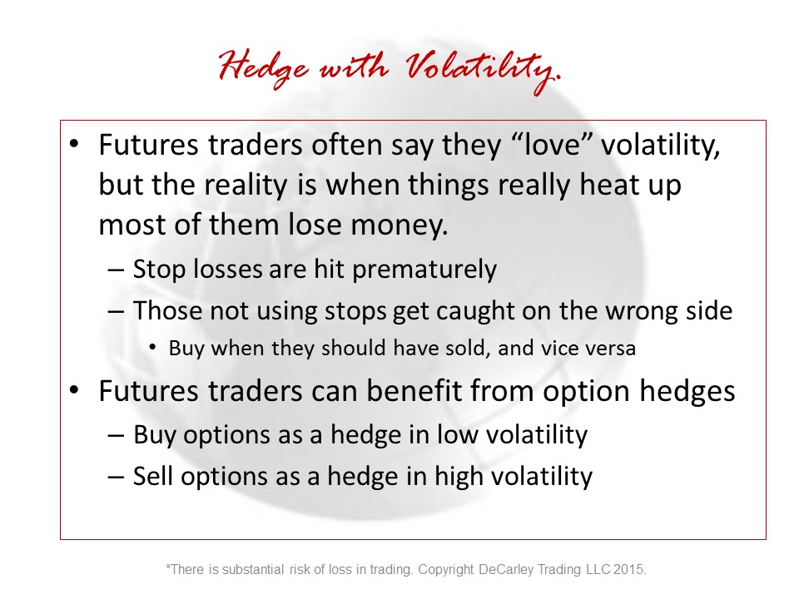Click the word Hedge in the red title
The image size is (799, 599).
(264, 70)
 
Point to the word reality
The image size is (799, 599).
(245, 185)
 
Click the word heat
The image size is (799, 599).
(609, 185)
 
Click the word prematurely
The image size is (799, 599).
(424, 269)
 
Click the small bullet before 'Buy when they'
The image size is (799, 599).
(152, 347)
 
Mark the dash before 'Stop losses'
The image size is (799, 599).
(116, 270)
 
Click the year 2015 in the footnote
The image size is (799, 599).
(630, 569)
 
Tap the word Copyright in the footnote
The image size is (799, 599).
(446, 569)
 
